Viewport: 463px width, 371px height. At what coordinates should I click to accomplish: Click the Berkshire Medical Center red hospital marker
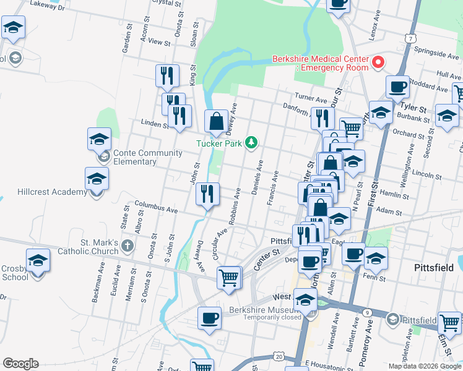point(378,62)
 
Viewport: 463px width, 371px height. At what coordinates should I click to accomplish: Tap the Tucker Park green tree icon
point(251,143)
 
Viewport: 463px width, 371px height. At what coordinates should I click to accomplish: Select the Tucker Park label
point(219,143)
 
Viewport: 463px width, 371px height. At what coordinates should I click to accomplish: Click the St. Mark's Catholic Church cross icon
point(127,246)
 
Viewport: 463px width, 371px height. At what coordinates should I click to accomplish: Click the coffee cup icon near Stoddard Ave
point(397,87)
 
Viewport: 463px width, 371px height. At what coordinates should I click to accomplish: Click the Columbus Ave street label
point(157,207)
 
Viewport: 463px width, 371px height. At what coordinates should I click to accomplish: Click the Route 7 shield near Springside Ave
point(411,38)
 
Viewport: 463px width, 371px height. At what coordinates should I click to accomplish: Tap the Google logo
point(20,364)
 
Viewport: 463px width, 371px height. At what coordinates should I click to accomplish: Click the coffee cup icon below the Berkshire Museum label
point(209,318)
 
